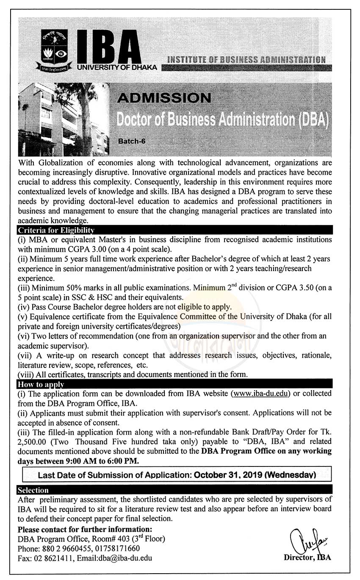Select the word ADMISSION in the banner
[164, 98]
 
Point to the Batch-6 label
[132, 142]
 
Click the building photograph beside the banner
[63, 119]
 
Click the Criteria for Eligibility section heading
[55, 230]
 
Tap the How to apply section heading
[41, 384]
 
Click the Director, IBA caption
[307, 558]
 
